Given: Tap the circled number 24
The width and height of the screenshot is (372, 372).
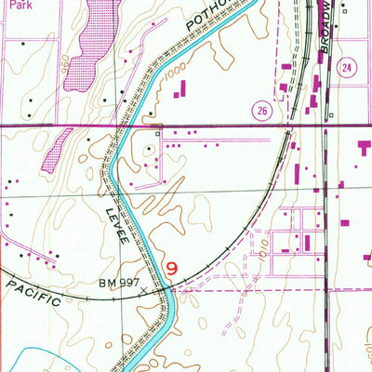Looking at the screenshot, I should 347,69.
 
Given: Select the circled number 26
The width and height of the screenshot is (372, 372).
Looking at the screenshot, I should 261,110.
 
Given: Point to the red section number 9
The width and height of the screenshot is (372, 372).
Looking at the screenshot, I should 171,268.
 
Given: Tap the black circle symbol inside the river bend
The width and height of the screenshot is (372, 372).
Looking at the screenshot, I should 150,148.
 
